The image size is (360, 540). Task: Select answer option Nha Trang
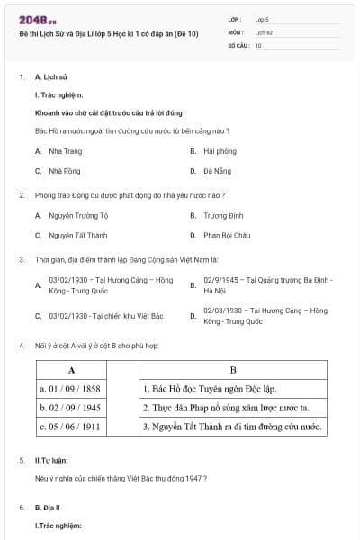(65, 151)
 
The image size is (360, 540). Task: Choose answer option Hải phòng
(220, 151)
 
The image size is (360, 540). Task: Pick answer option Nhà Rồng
(65, 170)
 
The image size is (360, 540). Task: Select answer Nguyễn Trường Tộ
(78, 216)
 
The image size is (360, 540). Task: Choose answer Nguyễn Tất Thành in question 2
(77, 235)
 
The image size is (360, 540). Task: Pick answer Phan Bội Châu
(227, 235)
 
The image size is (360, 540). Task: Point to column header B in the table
(232, 370)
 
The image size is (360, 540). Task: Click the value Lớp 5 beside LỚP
(262, 18)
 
